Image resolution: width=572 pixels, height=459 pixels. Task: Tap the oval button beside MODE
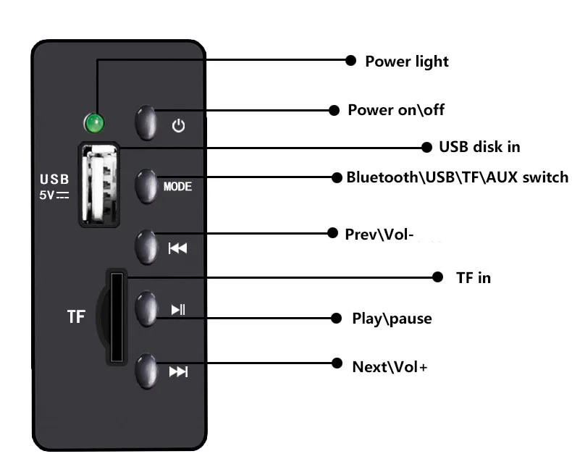click(146, 186)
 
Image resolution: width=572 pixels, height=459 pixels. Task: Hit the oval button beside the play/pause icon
click(146, 309)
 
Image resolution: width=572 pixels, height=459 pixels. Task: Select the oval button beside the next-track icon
click(146, 371)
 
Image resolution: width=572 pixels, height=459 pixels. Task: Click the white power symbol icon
click(178, 126)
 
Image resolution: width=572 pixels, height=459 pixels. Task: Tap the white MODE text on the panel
click(177, 187)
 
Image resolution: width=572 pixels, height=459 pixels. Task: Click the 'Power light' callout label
click(406, 62)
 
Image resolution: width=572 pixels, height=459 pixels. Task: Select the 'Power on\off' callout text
click(396, 110)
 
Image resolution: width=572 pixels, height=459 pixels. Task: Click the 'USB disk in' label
click(479, 147)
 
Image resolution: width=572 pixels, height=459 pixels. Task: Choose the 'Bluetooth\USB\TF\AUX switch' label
click(457, 177)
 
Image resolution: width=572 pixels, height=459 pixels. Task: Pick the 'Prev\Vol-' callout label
click(379, 235)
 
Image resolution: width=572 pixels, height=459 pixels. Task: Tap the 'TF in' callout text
click(473, 277)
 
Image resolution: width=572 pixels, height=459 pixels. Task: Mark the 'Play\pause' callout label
click(392, 318)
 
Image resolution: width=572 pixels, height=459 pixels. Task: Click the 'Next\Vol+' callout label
click(390, 366)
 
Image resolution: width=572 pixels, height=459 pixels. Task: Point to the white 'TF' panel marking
click(76, 316)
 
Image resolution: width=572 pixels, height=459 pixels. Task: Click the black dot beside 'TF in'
click(438, 277)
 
